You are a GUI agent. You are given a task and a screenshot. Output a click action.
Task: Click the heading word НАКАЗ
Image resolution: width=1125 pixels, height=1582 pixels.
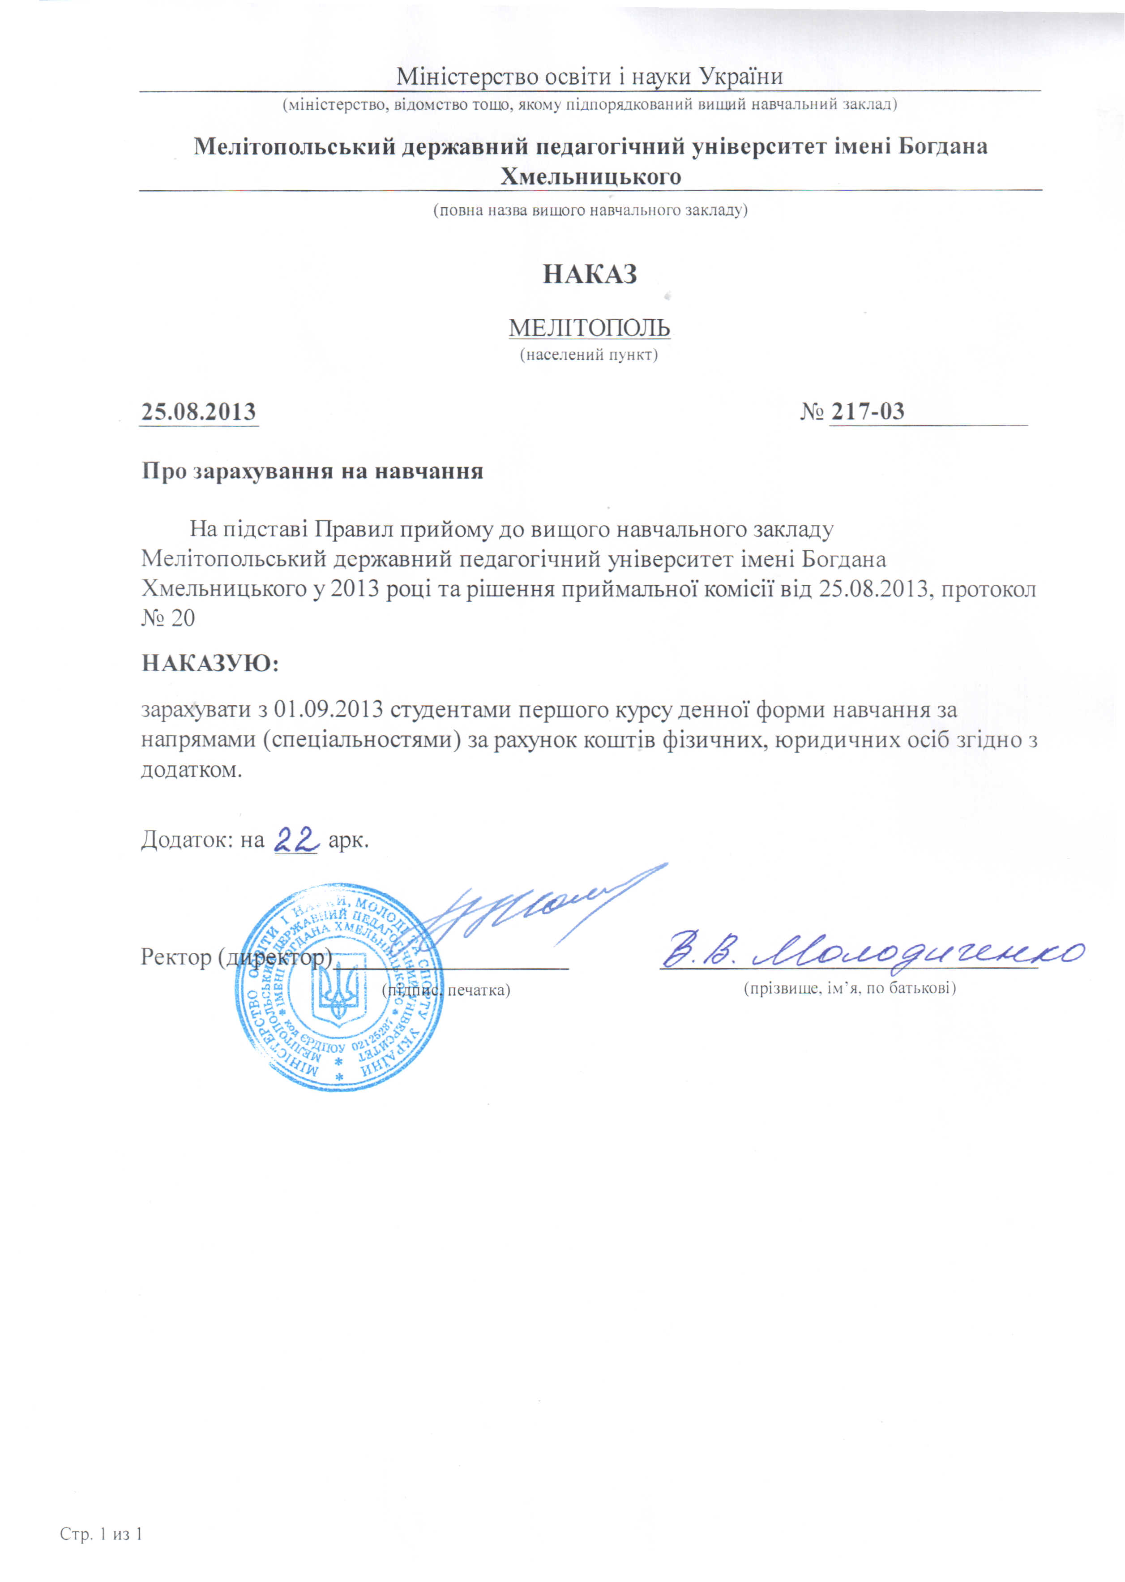[x=590, y=274]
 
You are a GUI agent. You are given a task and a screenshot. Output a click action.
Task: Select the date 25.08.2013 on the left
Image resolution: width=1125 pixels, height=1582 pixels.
[x=199, y=412]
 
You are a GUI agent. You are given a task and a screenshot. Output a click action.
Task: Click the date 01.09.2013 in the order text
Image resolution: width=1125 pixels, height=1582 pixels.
[x=328, y=710]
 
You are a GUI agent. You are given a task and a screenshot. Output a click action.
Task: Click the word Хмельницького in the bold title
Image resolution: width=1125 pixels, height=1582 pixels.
[x=590, y=177]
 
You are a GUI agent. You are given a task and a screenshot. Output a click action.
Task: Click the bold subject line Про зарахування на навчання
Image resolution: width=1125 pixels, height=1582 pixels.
[x=312, y=471]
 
